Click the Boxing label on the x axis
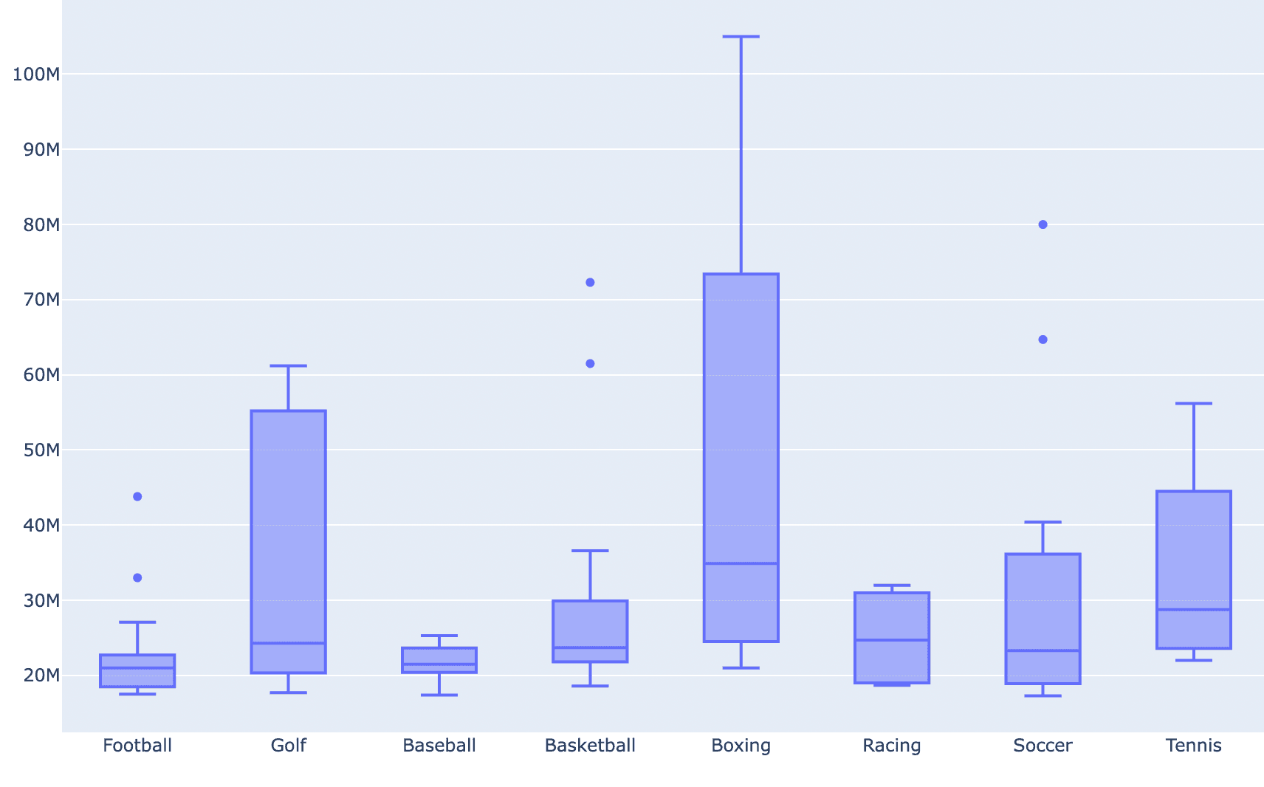(741, 746)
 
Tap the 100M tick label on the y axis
(36, 74)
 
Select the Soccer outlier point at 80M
(1043, 224)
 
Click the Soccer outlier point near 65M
(1043, 340)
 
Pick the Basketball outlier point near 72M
(590, 283)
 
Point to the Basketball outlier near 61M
(590, 363)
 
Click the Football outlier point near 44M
(137, 497)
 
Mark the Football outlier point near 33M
(137, 578)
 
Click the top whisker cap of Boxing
(741, 36)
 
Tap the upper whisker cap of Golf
(288, 365)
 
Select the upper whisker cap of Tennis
(1193, 404)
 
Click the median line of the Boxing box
(741, 563)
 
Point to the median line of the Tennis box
(1193, 610)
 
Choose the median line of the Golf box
(288, 643)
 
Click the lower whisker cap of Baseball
(439, 695)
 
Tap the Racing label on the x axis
(891, 746)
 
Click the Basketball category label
(590, 746)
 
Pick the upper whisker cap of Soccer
(1043, 522)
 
